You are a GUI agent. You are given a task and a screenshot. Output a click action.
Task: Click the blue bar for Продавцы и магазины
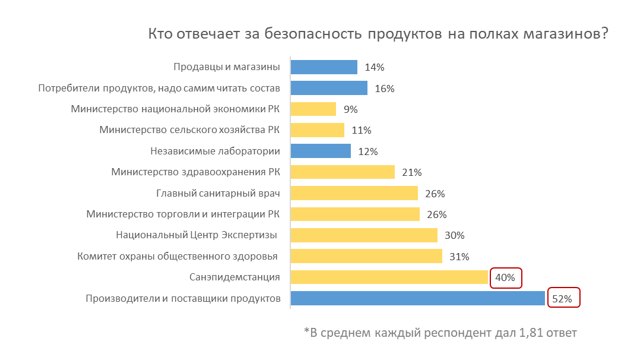(x=324, y=67)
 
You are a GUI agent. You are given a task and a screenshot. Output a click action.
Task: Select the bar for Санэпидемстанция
(x=389, y=277)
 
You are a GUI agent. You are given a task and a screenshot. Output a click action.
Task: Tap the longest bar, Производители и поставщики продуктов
(x=417, y=298)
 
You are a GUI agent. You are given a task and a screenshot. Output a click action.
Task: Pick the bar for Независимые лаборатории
(x=321, y=151)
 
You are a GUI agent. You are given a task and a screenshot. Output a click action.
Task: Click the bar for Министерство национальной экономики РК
(x=313, y=109)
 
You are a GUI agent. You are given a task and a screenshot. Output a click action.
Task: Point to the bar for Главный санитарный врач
(x=354, y=193)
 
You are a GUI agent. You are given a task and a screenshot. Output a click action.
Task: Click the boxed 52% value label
(x=562, y=299)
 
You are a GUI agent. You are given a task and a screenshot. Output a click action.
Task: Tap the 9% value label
(x=350, y=109)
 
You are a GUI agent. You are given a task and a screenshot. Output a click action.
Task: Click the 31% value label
(x=459, y=257)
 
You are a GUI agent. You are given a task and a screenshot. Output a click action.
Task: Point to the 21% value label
(x=411, y=172)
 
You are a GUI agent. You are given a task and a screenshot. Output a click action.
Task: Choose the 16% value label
(x=385, y=89)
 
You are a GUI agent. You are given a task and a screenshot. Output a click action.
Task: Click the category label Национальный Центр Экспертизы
(x=196, y=235)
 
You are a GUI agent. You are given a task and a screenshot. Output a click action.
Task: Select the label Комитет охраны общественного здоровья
(x=177, y=257)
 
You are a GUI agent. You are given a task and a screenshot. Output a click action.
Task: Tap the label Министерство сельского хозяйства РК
(x=189, y=130)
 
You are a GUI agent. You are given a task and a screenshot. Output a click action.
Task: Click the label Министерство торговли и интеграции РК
(x=183, y=214)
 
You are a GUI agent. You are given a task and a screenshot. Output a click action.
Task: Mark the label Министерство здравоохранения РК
(x=195, y=172)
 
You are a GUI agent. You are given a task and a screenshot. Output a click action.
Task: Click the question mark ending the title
(x=604, y=33)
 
